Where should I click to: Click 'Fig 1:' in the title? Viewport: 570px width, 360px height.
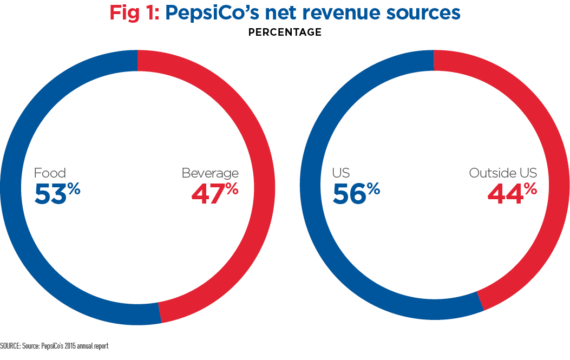pos(134,12)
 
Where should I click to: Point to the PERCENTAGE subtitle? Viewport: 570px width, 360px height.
pos(285,32)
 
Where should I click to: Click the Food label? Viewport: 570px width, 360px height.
pos(50,173)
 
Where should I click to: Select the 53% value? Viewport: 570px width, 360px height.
pos(57,194)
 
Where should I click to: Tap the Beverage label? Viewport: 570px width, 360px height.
pos(210,173)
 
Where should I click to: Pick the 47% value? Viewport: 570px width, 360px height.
pos(214,194)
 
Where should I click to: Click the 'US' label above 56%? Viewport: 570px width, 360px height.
pos(340,173)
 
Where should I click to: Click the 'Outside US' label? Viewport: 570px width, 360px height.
pos(503,173)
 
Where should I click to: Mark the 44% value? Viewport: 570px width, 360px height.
pos(512,194)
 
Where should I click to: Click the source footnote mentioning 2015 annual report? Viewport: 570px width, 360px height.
pos(54,345)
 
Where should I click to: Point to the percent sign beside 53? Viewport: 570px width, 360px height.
pos(74,188)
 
